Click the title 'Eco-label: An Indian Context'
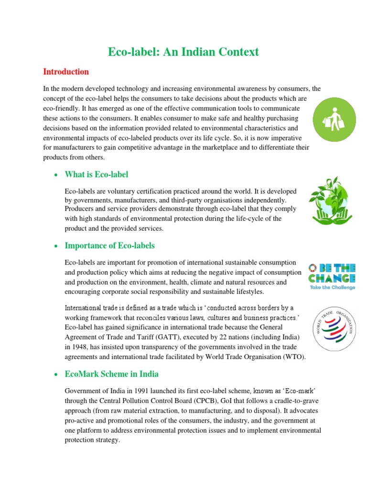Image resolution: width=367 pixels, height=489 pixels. (x=183, y=52)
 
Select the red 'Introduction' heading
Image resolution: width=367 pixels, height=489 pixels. (x=66, y=72)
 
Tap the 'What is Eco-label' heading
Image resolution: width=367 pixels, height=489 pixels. (x=97, y=174)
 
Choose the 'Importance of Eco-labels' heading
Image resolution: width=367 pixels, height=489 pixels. (x=109, y=246)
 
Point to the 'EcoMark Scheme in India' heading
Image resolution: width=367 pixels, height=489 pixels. (x=111, y=374)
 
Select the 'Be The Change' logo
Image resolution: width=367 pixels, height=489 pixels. (x=331, y=276)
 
